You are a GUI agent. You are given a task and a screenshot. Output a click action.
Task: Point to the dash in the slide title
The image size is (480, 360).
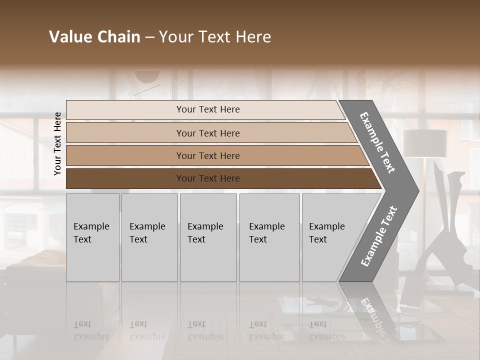(149, 37)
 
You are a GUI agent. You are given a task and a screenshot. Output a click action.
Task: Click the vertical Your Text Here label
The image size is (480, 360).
(57, 143)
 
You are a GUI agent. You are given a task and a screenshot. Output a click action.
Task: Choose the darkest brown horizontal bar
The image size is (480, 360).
(220, 178)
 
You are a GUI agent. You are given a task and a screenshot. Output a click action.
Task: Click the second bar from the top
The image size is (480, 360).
(210, 133)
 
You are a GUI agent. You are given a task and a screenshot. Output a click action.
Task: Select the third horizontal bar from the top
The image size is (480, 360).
(215, 155)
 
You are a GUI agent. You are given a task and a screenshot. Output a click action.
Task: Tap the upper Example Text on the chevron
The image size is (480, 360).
(377, 142)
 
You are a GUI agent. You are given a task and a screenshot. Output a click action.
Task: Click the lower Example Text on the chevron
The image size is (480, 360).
(378, 236)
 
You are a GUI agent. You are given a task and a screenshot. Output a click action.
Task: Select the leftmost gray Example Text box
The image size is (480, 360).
(92, 237)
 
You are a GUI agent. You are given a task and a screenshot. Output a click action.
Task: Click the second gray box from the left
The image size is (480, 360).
(149, 237)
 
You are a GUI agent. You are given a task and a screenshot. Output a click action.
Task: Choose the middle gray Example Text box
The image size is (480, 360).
(208, 237)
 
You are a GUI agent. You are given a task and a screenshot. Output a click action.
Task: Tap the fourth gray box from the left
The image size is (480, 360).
(269, 237)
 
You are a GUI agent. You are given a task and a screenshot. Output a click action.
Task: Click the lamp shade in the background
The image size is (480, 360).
(425, 143)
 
